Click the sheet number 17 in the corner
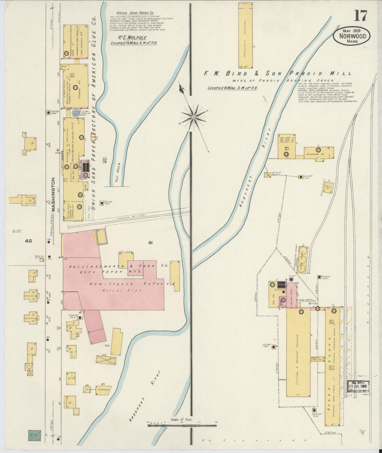coord(360,16)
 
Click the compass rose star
coord(194,117)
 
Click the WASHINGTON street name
coord(53,194)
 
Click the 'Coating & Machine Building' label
coord(298,355)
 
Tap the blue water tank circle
coord(76,112)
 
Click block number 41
coord(151,242)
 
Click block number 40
coord(29,241)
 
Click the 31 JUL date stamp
coord(358,387)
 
